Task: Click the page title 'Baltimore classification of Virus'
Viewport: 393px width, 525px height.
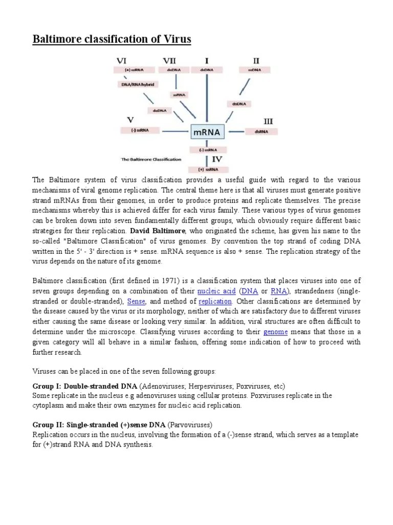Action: pyautogui.click(x=112, y=39)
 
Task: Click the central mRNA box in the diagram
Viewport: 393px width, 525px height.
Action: pyautogui.click(x=207, y=132)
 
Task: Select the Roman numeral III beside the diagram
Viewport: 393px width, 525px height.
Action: pyautogui.click(x=268, y=121)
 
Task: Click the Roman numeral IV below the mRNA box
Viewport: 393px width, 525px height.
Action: pyautogui.click(x=217, y=159)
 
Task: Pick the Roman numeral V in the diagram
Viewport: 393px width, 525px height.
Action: pyautogui.click(x=130, y=120)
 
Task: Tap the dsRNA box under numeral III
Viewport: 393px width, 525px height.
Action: pyautogui.click(x=261, y=131)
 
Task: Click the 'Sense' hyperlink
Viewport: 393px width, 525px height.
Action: pyautogui.click(x=136, y=301)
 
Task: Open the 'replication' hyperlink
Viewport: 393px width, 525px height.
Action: pyautogui.click(x=215, y=301)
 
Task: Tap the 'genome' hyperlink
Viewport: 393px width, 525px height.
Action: pyautogui.click(x=275, y=332)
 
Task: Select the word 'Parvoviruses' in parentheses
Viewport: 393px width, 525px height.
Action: pyautogui.click(x=189, y=425)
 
